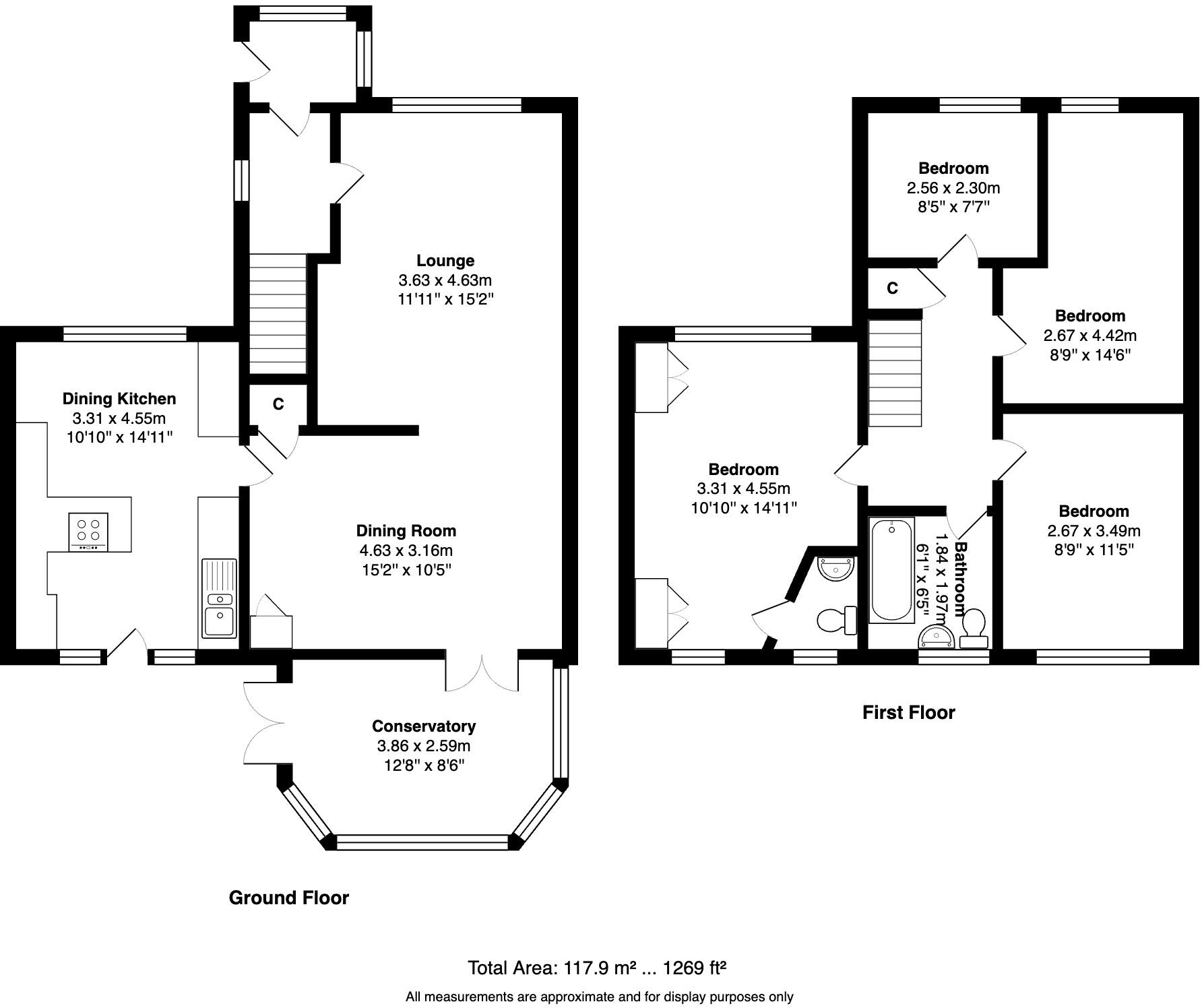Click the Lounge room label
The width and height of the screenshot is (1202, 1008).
(x=445, y=261)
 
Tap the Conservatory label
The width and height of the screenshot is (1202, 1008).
(x=424, y=726)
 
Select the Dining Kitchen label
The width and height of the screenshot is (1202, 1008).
(x=119, y=399)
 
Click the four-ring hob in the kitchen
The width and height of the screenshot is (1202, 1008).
(x=88, y=532)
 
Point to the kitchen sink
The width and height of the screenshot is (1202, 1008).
(x=219, y=598)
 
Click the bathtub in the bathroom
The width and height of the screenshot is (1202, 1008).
(x=892, y=570)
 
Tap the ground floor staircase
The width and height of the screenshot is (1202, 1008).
(x=278, y=313)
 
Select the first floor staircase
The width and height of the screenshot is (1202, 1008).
(x=894, y=373)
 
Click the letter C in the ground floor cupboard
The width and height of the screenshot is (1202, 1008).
(x=278, y=404)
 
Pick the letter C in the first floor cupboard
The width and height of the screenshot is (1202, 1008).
(x=893, y=288)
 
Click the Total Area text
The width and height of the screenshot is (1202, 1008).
(x=597, y=968)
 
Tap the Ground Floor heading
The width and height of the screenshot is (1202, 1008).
(x=289, y=898)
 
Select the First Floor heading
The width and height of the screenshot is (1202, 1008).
(x=909, y=712)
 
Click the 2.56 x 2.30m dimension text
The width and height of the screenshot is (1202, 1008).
(x=953, y=188)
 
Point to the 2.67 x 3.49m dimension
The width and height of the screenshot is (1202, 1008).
(x=1094, y=531)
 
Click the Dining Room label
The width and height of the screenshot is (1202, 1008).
(x=406, y=531)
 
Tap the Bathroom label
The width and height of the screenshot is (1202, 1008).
(x=961, y=575)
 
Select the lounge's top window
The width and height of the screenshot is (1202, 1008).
(x=457, y=105)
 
